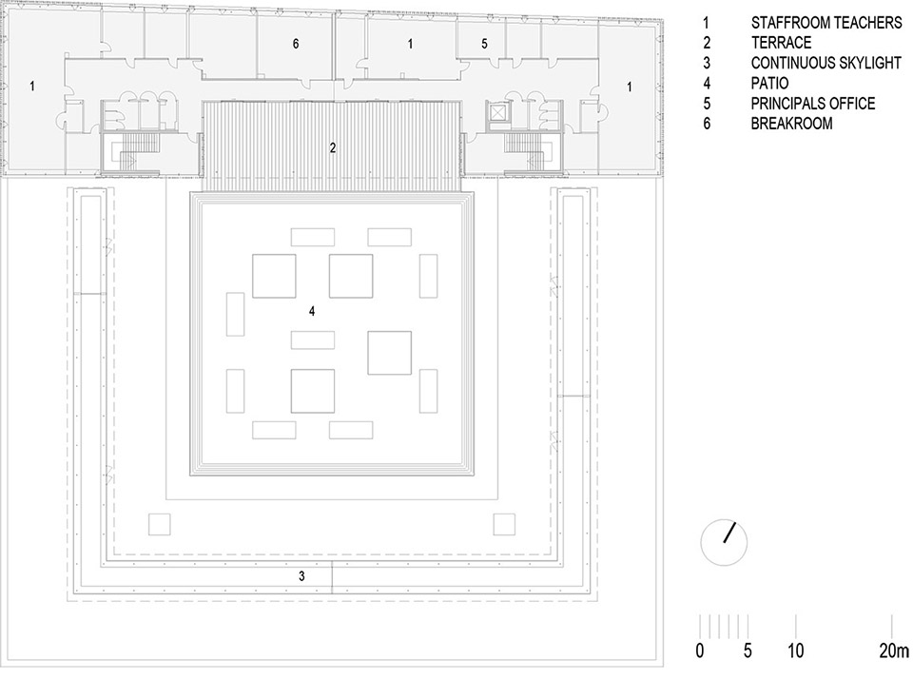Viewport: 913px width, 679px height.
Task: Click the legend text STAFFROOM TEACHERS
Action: coord(826,23)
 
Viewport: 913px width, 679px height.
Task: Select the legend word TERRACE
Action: coord(781,43)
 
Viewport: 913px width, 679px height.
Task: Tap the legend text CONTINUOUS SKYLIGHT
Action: coord(826,63)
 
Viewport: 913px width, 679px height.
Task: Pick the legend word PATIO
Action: coord(769,84)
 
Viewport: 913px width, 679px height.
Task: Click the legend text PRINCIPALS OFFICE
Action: coord(813,104)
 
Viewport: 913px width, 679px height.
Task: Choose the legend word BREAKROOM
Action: coord(791,124)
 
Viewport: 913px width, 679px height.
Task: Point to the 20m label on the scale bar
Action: coord(894,650)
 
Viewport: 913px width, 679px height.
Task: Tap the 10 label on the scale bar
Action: coord(795,650)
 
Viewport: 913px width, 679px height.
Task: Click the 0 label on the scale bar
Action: coord(700,650)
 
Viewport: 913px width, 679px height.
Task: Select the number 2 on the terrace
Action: coord(333,148)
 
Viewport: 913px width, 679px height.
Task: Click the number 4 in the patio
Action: coord(312,312)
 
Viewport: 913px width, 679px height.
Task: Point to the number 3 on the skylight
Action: coord(301,576)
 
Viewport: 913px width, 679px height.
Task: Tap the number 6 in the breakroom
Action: coord(296,44)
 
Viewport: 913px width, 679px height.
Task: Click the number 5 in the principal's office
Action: coord(484,44)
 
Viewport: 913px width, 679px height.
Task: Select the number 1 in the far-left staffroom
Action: coord(32,87)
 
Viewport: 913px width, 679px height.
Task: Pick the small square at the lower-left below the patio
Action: coord(159,524)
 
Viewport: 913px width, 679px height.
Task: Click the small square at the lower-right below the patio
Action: coord(504,524)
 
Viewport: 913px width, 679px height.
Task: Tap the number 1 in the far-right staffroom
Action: coord(629,87)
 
